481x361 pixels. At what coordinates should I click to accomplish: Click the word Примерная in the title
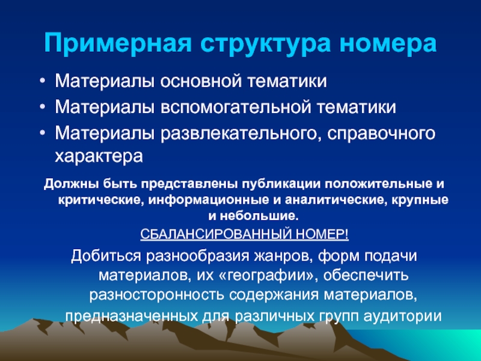[118, 43]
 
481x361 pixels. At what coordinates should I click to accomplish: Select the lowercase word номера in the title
[388, 44]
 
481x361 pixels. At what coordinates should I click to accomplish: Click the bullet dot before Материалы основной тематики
[43, 82]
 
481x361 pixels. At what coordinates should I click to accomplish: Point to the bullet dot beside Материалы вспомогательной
[43, 108]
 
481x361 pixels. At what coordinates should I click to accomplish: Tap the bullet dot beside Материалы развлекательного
[43, 133]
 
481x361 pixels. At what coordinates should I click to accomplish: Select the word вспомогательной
[236, 107]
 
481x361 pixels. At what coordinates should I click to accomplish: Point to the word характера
[99, 156]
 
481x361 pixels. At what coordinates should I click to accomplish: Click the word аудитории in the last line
[402, 316]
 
